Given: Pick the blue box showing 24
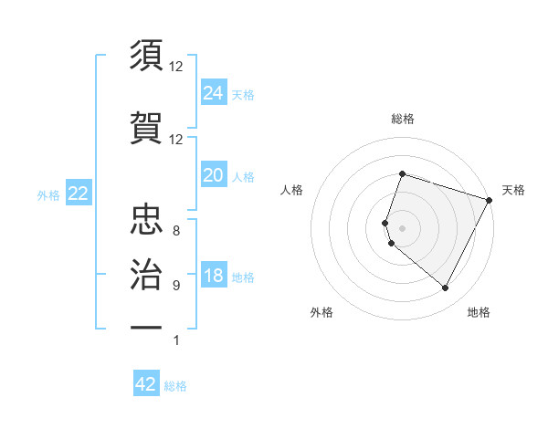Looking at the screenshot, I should [x=213, y=92].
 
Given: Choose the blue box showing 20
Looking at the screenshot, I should [x=213, y=175].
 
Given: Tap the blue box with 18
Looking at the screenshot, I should [x=213, y=276].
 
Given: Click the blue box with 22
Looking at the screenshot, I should [x=78, y=194].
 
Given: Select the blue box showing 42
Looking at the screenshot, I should [x=146, y=384].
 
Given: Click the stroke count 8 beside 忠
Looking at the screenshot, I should [x=176, y=231].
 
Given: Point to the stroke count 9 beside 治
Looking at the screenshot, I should [x=176, y=286].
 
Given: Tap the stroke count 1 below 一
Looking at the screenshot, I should [x=176, y=340].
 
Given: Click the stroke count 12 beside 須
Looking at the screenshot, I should [x=176, y=67].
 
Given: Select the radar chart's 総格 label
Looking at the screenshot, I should [x=402, y=119].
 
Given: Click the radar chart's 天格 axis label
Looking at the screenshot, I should [x=513, y=190].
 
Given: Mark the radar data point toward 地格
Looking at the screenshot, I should [x=446, y=288].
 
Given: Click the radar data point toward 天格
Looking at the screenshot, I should [x=490, y=199].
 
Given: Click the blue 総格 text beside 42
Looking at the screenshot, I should [x=175, y=386].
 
